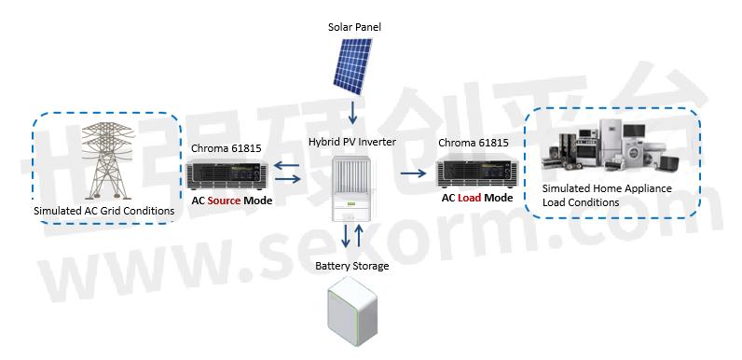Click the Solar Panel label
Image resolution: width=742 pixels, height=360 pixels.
[x=354, y=27]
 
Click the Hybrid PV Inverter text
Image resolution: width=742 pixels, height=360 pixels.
[x=352, y=142]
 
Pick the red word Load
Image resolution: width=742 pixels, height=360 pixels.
[x=469, y=198]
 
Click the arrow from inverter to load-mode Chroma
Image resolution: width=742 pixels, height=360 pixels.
[x=413, y=173]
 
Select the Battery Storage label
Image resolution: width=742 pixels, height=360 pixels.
[x=353, y=267]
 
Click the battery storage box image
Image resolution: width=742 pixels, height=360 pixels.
[x=352, y=319]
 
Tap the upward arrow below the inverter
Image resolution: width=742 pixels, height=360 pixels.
[x=359, y=236]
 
